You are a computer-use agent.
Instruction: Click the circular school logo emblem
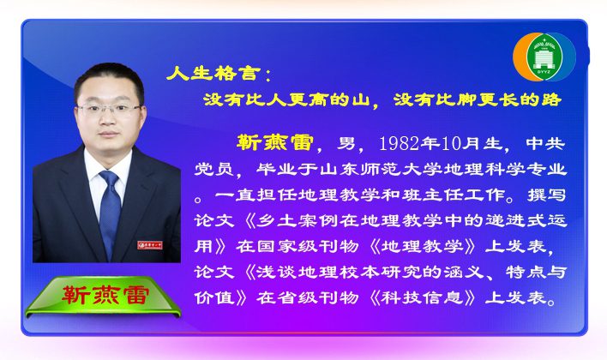click(x=544, y=57)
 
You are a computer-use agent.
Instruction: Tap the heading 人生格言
click(x=213, y=73)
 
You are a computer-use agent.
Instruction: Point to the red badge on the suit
click(x=149, y=245)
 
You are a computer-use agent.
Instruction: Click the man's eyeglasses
click(x=108, y=109)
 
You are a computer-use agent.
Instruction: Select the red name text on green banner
click(x=105, y=296)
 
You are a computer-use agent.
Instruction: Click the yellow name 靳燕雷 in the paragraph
click(x=274, y=142)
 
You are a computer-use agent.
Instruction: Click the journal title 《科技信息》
click(x=423, y=297)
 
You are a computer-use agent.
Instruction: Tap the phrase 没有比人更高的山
click(x=286, y=100)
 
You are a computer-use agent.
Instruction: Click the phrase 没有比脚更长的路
click(x=478, y=100)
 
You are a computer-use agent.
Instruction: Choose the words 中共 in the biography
click(x=545, y=144)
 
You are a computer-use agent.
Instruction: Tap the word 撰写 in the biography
click(x=547, y=195)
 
